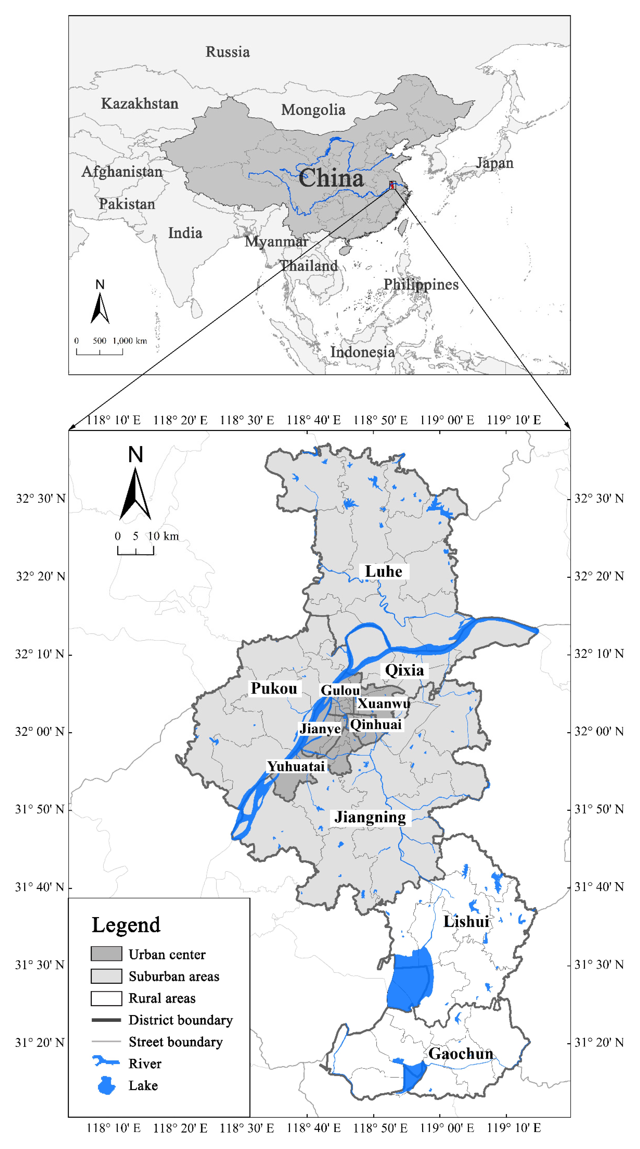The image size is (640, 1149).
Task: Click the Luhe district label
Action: point(384,571)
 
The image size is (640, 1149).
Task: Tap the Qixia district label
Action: point(404,670)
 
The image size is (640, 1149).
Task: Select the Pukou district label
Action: point(274,688)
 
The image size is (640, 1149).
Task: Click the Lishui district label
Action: point(466,921)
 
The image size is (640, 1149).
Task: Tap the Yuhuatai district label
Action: point(296,766)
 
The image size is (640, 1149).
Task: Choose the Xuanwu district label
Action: point(384,703)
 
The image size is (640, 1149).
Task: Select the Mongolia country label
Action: point(313,110)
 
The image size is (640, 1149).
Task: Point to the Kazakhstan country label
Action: point(140,103)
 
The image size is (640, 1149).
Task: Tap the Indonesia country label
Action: point(362,352)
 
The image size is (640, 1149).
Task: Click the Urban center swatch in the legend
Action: point(106,954)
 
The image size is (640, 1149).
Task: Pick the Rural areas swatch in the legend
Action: point(106,998)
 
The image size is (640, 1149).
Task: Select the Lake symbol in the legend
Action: point(106,1085)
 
